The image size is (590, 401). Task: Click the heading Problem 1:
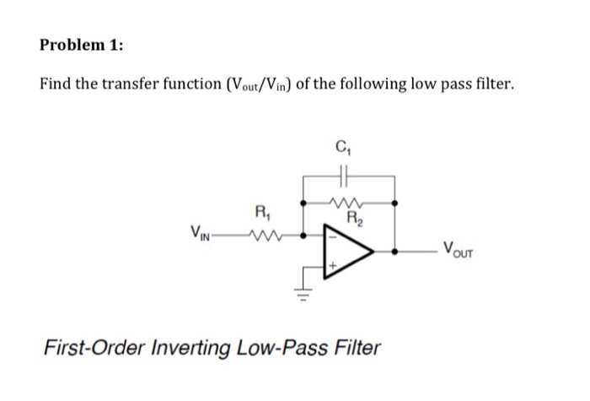[x=81, y=46]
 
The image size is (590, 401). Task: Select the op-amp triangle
[x=347, y=251]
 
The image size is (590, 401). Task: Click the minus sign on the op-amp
[x=332, y=236]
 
